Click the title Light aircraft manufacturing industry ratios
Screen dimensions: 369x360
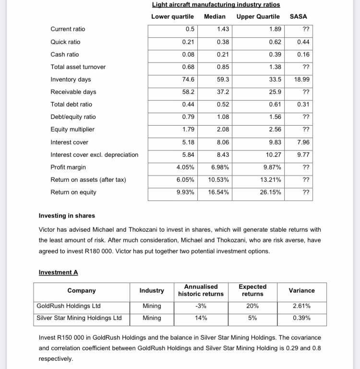(216, 5)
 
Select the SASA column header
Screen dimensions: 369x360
(299, 17)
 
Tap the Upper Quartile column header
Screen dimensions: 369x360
(258, 17)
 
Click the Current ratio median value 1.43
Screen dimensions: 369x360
(223, 29)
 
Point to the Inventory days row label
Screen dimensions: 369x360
(71, 80)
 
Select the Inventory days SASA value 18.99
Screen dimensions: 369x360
(301, 80)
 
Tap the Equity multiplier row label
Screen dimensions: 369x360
(72, 130)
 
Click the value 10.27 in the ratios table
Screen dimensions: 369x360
(273, 155)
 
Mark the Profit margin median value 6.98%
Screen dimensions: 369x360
(220, 167)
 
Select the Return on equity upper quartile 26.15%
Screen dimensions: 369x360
(272, 192)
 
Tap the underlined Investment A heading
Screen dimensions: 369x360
(58, 273)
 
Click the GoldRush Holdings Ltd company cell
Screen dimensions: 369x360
(68, 306)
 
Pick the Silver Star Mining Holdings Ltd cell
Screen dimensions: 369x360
(79, 318)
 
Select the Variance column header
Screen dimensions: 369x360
(302, 290)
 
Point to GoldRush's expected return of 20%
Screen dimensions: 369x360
(252, 306)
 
